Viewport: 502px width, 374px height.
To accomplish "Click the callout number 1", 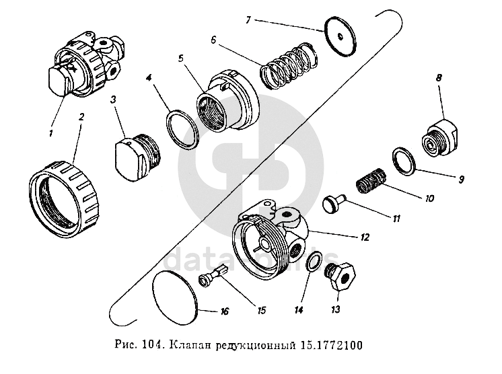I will [x=50, y=133].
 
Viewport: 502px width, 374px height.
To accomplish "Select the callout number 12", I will [x=364, y=237].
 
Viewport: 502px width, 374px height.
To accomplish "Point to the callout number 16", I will [x=224, y=312].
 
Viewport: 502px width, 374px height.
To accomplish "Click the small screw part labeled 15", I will [x=213, y=276].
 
